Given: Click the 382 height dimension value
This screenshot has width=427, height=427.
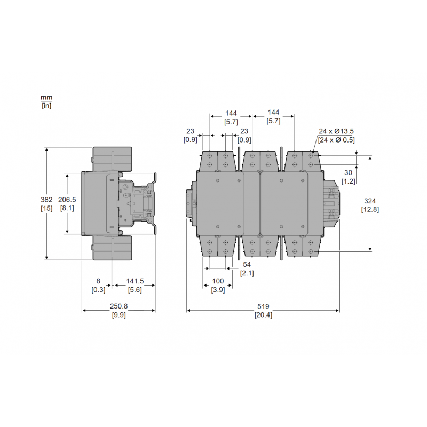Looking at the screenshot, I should pyautogui.click(x=46, y=200).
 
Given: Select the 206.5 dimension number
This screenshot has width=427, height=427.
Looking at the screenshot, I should pyautogui.click(x=67, y=199).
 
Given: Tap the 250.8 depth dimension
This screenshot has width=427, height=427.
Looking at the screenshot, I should pyautogui.click(x=118, y=307).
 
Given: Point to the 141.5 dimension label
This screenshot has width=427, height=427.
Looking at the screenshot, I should pyautogui.click(x=135, y=281).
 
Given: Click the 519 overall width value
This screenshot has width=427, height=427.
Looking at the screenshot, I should pyautogui.click(x=263, y=307).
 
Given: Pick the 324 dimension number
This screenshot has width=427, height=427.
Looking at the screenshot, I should pyautogui.click(x=370, y=201).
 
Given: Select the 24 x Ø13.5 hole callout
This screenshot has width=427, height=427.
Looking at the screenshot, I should pyautogui.click(x=336, y=131).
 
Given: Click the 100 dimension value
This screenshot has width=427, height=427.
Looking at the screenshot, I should pyautogui.click(x=217, y=281).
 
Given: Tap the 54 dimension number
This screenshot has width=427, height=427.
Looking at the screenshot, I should pyautogui.click(x=247, y=265).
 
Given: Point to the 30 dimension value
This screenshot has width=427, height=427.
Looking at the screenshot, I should pyautogui.click(x=348, y=173).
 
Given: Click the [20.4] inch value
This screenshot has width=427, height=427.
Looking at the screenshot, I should pyautogui.click(x=263, y=315).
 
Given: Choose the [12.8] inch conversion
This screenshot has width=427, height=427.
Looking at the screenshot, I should pyautogui.click(x=370, y=210).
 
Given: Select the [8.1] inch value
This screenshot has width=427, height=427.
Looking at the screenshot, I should pyautogui.click(x=67, y=208).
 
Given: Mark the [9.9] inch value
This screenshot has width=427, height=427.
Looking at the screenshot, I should pyautogui.click(x=118, y=315).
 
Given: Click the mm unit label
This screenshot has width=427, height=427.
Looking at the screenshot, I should pyautogui.click(x=46, y=98).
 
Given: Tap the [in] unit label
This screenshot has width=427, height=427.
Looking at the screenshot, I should pyautogui.click(x=46, y=105).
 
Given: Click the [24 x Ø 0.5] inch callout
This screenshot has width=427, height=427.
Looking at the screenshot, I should pyautogui.click(x=336, y=140).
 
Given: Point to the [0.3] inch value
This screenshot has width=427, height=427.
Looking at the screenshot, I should pyautogui.click(x=98, y=290).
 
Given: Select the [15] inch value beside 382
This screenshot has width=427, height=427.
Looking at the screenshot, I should pyautogui.click(x=46, y=208).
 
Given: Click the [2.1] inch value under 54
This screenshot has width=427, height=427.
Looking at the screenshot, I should pyautogui.click(x=247, y=273).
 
